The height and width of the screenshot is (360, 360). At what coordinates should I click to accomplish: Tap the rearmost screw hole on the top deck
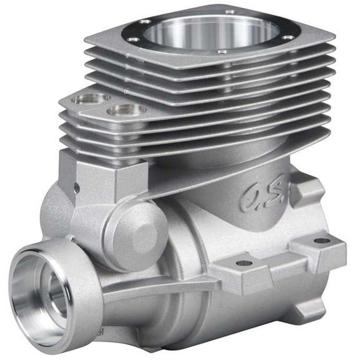point(230,12)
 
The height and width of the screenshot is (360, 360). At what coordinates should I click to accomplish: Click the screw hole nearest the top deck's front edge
point(222,51)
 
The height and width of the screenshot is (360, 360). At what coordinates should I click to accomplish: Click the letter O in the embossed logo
point(249,200)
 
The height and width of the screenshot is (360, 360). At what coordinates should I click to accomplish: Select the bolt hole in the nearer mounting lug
point(244,263)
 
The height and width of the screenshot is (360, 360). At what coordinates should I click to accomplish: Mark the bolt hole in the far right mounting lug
point(322,240)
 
